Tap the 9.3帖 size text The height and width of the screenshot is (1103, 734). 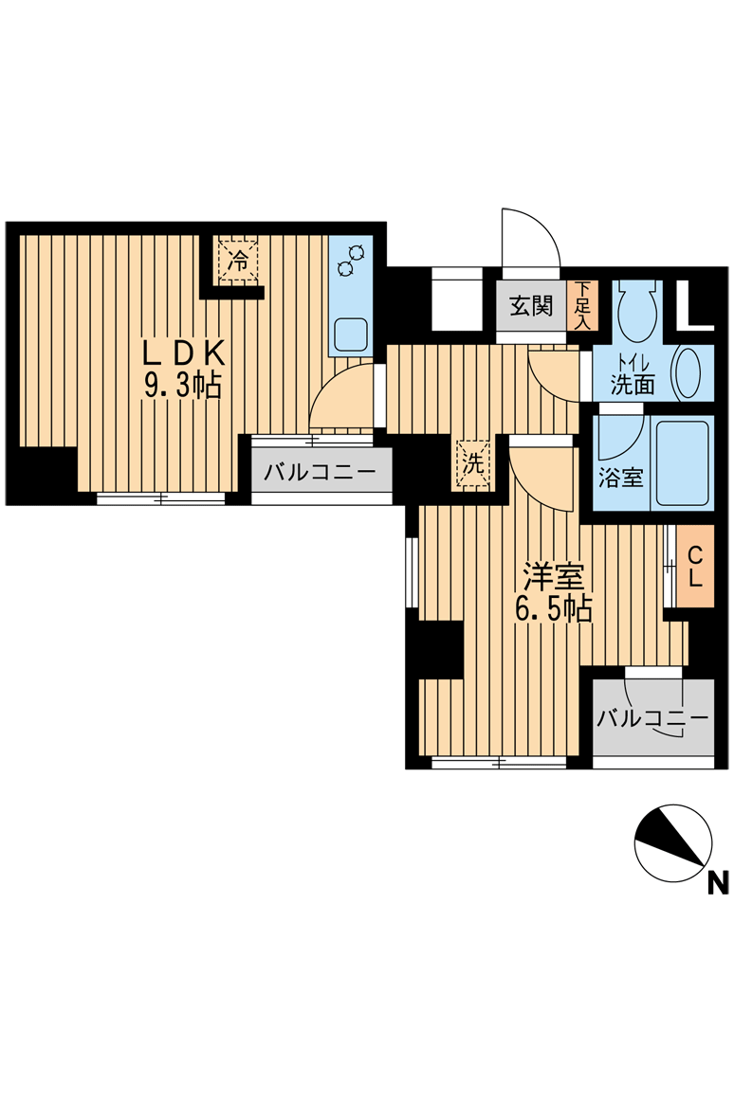point(183,386)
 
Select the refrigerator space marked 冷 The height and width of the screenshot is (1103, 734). point(239,261)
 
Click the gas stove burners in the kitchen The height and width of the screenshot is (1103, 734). point(351,260)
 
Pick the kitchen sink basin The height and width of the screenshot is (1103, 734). point(351,334)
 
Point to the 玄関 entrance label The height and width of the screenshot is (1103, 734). point(531,307)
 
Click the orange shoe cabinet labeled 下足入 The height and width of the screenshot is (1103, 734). point(582,306)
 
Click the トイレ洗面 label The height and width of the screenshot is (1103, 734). point(633,377)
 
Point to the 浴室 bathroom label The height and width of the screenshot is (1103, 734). point(621,479)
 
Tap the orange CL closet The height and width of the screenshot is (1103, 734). point(695,567)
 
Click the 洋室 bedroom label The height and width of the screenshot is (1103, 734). point(553,577)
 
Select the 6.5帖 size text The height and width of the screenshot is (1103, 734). point(553,608)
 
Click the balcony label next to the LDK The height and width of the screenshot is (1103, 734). point(321,472)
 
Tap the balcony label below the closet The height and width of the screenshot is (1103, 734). point(652,718)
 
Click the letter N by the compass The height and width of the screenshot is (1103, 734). point(718,883)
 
